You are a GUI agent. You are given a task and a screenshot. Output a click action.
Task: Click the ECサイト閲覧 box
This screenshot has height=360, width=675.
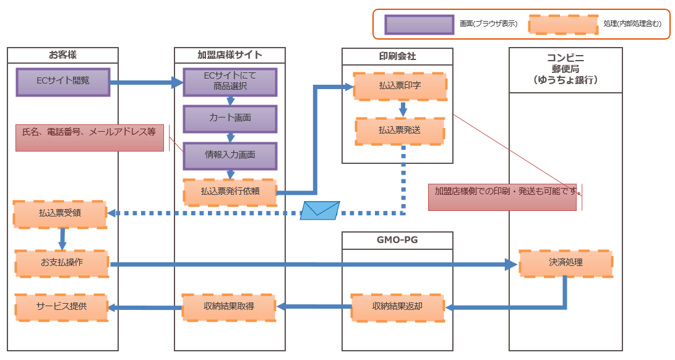coord(63,82)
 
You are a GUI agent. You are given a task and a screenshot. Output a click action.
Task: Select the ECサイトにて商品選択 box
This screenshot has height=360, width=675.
coord(230,82)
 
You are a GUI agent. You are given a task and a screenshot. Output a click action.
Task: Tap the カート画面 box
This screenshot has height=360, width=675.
coord(230,118)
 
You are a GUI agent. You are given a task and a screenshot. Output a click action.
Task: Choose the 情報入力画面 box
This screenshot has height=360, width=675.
coord(230,155)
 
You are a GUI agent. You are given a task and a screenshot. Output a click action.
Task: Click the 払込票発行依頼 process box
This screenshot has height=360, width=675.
coord(230,192)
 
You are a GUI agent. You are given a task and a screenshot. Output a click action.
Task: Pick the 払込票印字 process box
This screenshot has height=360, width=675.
coord(400,87)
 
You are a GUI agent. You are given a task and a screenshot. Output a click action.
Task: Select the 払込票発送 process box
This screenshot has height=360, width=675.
coord(400,131)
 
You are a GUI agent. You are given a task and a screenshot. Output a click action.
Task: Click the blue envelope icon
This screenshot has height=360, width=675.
coord(320,210)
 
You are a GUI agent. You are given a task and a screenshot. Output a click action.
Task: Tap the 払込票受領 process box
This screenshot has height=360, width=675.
coord(60,213)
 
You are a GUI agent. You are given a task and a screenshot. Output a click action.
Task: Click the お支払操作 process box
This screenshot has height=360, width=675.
coord(62,263)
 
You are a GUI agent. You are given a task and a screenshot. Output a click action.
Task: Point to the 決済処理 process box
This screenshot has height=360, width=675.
coord(565,263)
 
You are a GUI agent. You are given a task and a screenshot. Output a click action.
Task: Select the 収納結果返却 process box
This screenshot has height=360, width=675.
coord(398,307)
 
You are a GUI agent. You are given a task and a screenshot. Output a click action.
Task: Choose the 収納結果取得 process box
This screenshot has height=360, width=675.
coord(229,307)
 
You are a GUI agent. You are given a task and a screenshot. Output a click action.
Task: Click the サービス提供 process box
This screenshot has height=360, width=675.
coord(62,307)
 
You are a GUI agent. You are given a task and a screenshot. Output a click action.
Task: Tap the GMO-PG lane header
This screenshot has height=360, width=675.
coord(398,240)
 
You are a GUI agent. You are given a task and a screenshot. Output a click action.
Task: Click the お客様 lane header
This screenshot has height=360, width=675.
coord(63,55)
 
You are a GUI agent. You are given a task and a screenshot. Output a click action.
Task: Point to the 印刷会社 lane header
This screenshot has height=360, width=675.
coord(398,56)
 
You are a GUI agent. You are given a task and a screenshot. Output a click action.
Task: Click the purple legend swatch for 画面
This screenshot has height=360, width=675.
coord(419,24)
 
